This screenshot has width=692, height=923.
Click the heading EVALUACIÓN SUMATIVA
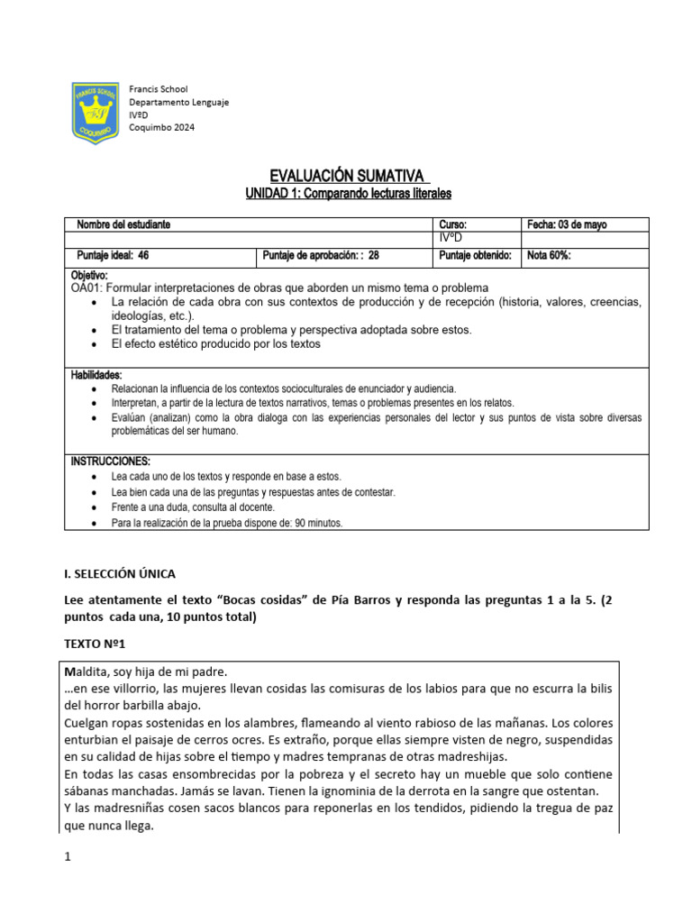click(348, 174)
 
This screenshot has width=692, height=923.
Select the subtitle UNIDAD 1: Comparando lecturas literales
click(348, 193)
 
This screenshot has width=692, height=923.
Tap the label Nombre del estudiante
click(123, 224)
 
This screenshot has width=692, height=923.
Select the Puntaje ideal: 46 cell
click(113, 255)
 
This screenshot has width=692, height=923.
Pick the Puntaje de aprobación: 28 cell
click(321, 255)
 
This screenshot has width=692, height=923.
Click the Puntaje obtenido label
click(475, 255)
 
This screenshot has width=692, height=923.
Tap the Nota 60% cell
click(549, 255)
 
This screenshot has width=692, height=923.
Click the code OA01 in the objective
click(86, 288)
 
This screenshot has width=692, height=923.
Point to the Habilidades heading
click(96, 374)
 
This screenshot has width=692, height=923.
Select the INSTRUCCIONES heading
click(111, 461)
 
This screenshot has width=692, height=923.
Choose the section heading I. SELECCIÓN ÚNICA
click(120, 573)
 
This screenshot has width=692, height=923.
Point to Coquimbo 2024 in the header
click(161, 127)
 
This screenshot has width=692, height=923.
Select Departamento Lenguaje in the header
click(179, 102)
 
